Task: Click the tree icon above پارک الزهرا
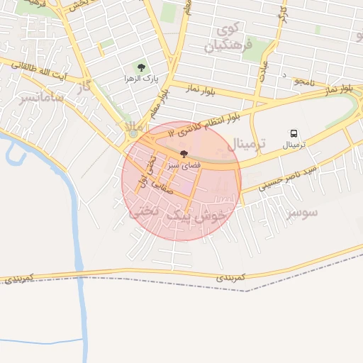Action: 141,67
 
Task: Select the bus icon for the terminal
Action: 294,133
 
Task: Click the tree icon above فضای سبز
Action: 184,154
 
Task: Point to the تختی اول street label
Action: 150,170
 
